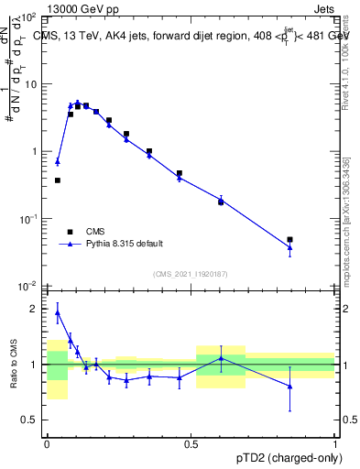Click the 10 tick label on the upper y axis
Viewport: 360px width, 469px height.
30,84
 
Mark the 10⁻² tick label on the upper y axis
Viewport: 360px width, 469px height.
28,286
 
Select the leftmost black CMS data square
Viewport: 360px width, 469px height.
58,180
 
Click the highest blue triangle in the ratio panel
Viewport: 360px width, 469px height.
58,312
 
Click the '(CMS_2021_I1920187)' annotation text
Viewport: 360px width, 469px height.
190,274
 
